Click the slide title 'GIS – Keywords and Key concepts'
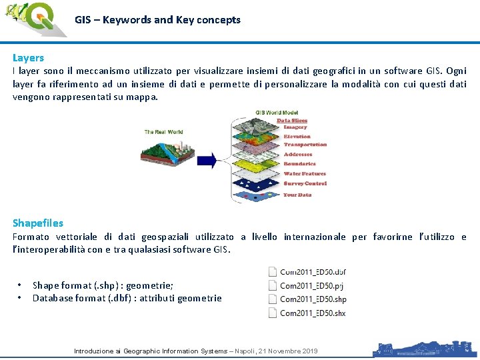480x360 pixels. pos(157,20)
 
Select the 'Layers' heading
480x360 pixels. pos(28,58)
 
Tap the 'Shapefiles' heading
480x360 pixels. pos(38,223)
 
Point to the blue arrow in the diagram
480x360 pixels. pos(207,159)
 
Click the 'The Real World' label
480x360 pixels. pos(163,132)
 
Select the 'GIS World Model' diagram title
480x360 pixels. pos(278,112)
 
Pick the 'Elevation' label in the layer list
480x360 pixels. pos(297,136)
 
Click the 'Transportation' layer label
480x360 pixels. pos(305,145)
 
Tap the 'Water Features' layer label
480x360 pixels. pos(305,174)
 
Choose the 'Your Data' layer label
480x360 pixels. pos(297,195)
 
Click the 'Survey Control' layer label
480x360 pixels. pos(305,183)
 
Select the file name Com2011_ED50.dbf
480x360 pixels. pos(313,272)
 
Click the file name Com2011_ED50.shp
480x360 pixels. pos(313,299)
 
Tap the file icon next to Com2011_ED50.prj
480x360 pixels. pos(272,285)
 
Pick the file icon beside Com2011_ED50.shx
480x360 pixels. pos(272,313)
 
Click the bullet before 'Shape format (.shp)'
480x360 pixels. pos(20,285)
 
